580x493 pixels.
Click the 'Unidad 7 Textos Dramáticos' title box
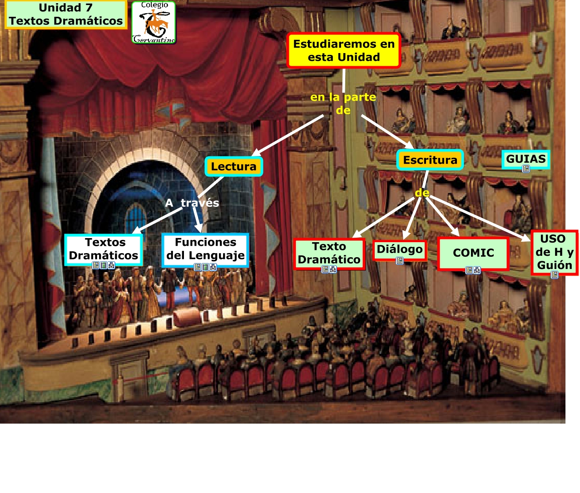pos(66,15)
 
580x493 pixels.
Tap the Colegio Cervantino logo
pos(154,23)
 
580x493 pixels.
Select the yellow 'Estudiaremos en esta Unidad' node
pos(344,50)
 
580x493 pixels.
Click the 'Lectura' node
pos(233,166)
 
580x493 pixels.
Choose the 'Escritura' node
pos(430,160)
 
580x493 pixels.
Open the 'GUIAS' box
pos(525,159)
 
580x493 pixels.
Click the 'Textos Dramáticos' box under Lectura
pos(104,249)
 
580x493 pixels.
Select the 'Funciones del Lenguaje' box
pos(205,249)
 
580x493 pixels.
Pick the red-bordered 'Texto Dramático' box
pos(329,253)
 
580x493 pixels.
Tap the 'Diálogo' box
pos(400,249)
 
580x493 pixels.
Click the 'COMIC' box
pos(473,253)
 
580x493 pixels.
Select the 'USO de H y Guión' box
pos(554,252)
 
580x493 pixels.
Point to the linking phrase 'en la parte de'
pos(343,103)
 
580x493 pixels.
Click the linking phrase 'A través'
pos(192,203)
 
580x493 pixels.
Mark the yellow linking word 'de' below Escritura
pos(422,193)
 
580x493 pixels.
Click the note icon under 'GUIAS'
pos(526,169)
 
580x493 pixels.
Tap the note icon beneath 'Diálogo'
pos(400,261)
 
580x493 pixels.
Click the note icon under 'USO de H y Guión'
pos(555,274)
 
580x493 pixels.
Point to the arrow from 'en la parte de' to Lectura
pos(288,135)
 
